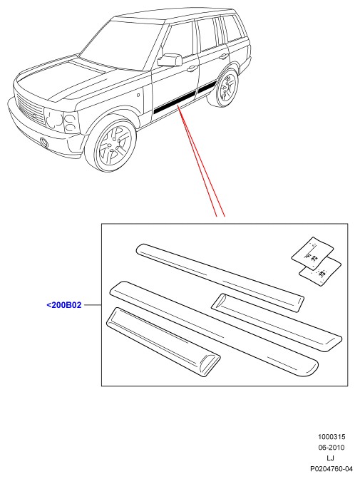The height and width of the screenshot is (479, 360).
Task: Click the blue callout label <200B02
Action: [64, 305]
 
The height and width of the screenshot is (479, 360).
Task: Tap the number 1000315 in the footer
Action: [331, 437]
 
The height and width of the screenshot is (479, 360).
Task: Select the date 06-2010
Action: [331, 448]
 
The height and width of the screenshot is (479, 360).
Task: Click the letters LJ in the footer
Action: [330, 458]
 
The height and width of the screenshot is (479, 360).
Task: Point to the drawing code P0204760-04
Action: [331, 469]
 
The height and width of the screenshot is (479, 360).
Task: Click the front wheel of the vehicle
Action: [110, 143]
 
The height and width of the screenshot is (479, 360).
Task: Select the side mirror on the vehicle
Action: [170, 60]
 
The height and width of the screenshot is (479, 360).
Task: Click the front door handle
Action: [192, 69]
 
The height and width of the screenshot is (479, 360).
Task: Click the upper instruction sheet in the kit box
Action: [312, 254]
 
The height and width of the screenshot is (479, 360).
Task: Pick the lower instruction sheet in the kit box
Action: [321, 272]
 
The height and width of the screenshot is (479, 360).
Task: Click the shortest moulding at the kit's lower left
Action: [163, 342]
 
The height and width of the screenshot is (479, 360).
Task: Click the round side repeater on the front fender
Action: [138, 96]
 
